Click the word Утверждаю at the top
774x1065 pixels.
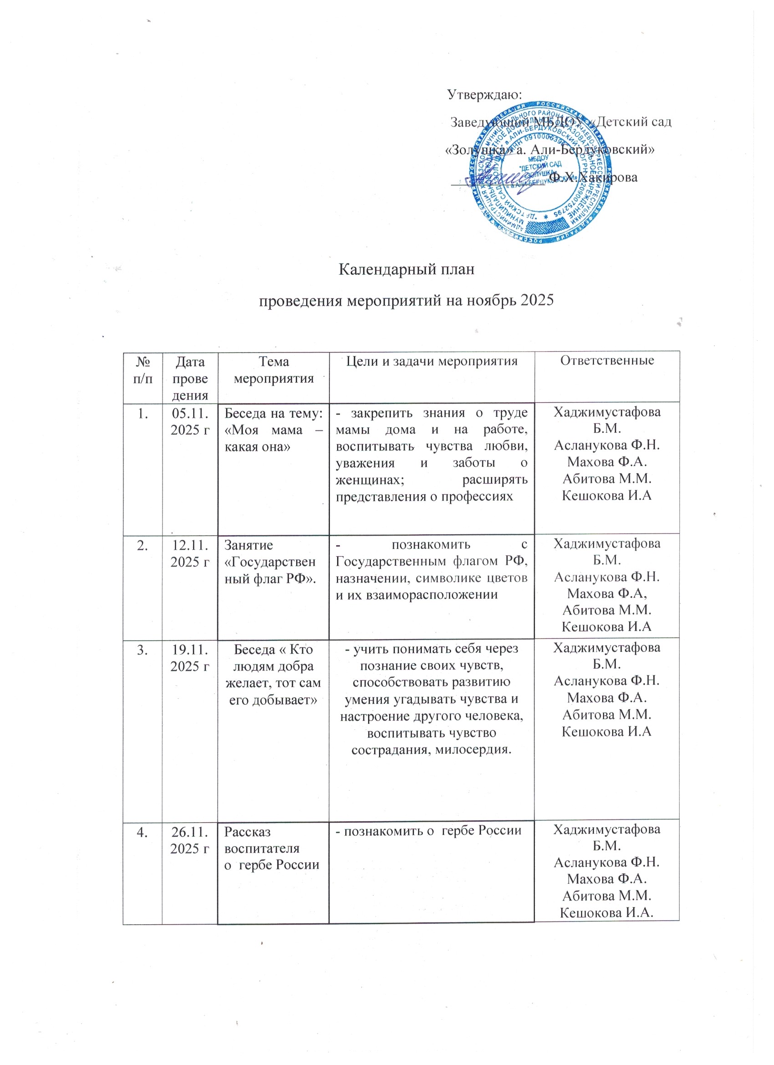484,94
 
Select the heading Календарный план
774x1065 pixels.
407,270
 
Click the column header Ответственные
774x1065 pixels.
607,361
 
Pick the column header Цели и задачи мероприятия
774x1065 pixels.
431,361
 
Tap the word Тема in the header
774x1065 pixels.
274,361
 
